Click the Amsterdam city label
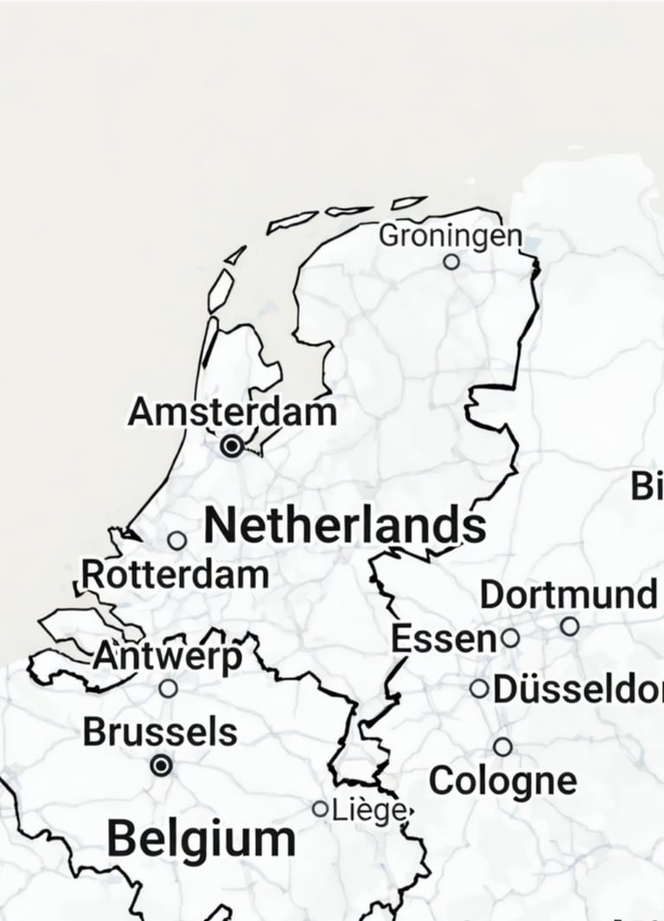232,412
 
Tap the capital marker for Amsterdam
232,446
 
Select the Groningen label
450,235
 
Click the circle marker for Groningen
451,261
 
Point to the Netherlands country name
345,526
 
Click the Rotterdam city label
175,574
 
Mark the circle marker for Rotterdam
177,540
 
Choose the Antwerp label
168,656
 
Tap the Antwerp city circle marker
169,688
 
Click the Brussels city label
160,732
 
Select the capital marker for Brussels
161,765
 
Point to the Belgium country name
201,839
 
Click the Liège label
368,811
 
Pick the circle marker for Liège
321,809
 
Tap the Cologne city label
502,781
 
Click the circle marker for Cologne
502,746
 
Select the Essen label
444,639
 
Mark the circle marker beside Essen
511,638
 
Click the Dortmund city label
568,595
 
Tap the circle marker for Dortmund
570,625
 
